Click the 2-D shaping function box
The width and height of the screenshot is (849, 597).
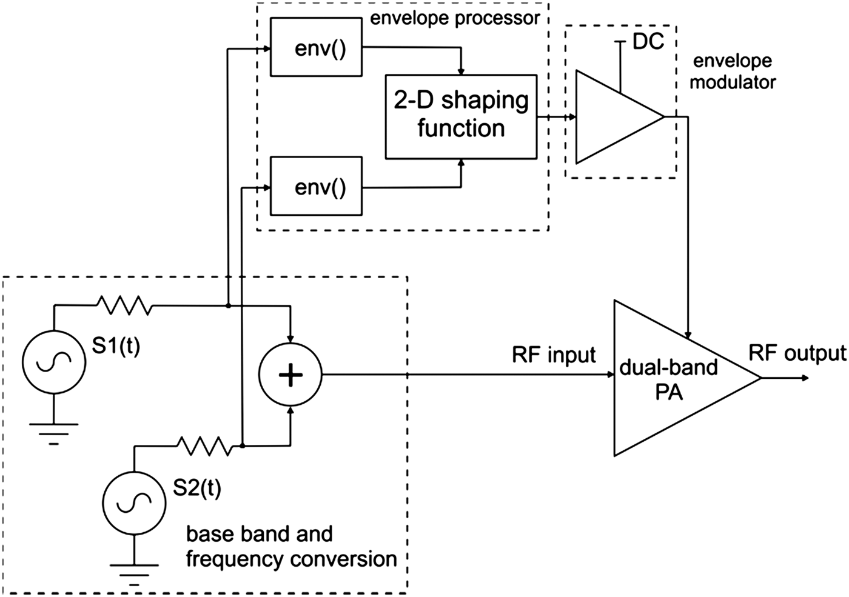tap(461, 116)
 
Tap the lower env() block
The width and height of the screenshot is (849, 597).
tap(316, 186)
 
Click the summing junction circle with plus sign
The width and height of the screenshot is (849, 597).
tap(290, 376)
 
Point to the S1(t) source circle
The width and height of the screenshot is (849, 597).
tap(53, 362)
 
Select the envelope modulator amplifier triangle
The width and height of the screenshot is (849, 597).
tap(612, 117)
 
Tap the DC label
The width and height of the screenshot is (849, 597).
tap(648, 41)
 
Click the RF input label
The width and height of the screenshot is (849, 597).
tap(554, 355)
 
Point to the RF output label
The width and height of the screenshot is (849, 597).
tap(797, 353)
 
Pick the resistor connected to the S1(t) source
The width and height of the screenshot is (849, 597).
tap(123, 305)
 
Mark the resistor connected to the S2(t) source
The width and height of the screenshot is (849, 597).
tap(204, 447)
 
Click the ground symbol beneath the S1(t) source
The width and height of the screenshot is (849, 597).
tap(53, 432)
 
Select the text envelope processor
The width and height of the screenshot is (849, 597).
tap(454, 18)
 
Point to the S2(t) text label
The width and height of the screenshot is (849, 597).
tap(197, 488)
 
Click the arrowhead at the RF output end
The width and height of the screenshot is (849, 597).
tap(805, 378)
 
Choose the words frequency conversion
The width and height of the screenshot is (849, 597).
tap(291, 559)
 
